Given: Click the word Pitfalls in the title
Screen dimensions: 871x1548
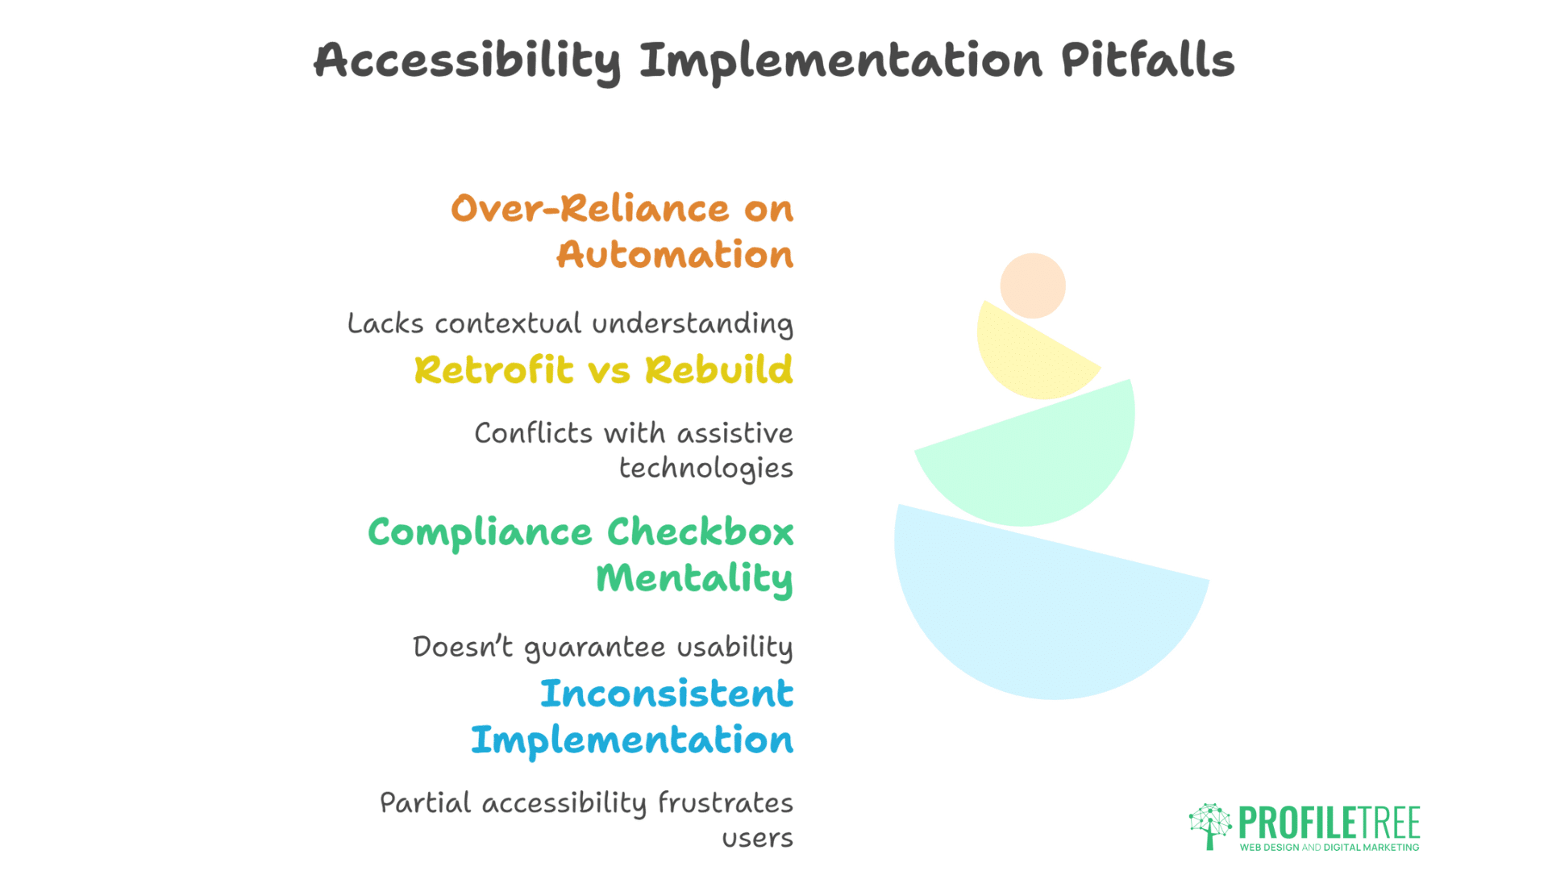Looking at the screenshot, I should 1146,60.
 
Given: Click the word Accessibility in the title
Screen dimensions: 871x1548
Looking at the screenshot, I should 467,61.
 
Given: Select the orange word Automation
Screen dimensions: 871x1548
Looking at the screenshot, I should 675,255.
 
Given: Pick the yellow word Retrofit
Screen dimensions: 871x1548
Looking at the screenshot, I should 494,370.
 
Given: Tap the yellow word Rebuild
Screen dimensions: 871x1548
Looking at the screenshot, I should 718,370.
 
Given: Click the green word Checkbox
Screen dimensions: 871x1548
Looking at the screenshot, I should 700,532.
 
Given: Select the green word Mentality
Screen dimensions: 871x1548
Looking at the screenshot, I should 694,579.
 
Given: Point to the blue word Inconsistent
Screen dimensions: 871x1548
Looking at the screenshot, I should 667,694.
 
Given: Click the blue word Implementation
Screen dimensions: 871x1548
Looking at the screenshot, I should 632,740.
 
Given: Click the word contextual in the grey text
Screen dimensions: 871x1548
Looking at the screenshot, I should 508,323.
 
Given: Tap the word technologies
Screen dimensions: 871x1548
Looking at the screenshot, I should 705,469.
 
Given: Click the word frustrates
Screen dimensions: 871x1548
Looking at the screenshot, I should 725,803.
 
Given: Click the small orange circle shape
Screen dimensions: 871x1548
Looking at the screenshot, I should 1033,285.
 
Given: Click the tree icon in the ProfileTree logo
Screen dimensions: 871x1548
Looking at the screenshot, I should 1209,825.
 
